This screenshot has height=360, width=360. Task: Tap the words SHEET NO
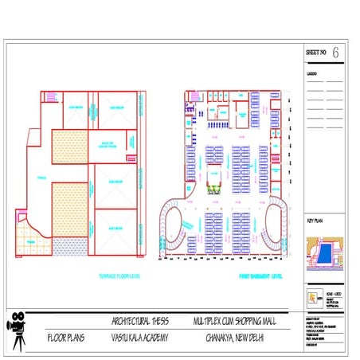point(316,53)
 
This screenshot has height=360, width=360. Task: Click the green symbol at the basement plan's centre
point(213,189)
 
